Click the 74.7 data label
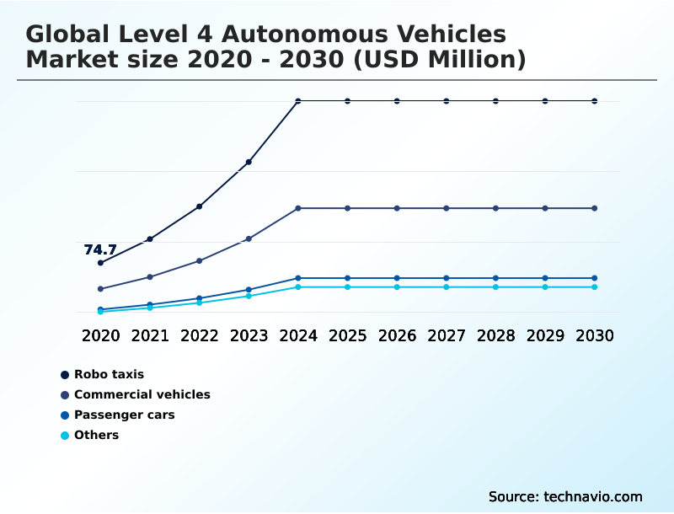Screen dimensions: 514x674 pyautogui.click(x=100, y=249)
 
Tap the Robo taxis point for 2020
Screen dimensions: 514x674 pyautogui.click(x=100, y=263)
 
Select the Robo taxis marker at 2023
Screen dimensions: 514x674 pyautogui.click(x=249, y=162)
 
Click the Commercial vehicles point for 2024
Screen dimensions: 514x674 pyautogui.click(x=298, y=208)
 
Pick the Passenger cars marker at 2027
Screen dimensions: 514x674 pyautogui.click(x=447, y=278)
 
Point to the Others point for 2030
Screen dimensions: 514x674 pyautogui.click(x=595, y=287)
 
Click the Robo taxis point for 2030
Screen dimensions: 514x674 pyautogui.click(x=595, y=101)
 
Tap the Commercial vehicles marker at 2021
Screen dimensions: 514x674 pyautogui.click(x=150, y=277)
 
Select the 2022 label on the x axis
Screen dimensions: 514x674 pyautogui.click(x=200, y=335)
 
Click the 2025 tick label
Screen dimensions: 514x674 pyautogui.click(x=348, y=335)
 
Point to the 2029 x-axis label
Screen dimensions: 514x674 pyautogui.click(x=545, y=335)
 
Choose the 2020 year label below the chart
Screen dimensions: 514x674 pyautogui.click(x=100, y=335)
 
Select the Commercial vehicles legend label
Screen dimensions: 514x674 pyautogui.click(x=142, y=394)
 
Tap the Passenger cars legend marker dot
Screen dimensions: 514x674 pyautogui.click(x=65, y=415)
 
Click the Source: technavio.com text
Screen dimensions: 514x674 pyautogui.click(x=565, y=496)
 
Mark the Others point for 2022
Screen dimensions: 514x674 pyautogui.click(x=200, y=303)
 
